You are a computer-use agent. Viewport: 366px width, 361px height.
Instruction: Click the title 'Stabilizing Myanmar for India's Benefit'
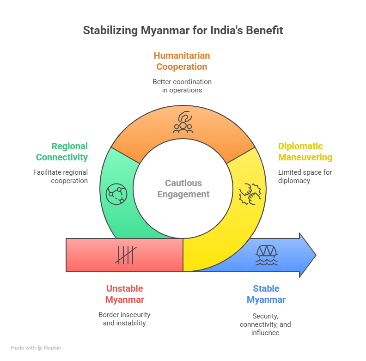tap(183, 31)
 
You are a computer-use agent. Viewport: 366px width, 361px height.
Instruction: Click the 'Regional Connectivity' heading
tap(62, 152)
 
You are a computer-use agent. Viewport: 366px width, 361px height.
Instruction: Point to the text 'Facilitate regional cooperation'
tap(61, 177)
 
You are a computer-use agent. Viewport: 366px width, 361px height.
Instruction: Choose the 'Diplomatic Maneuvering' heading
tap(305, 152)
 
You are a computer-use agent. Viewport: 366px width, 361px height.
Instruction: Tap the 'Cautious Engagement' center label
tap(183, 189)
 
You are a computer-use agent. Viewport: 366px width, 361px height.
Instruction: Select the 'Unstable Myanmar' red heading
tap(124, 294)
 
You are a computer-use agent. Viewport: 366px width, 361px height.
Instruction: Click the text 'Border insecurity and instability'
tap(124, 319)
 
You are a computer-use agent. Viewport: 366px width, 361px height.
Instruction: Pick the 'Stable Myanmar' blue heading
tap(266, 294)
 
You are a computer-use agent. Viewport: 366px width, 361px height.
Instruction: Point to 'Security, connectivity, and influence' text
tap(265, 324)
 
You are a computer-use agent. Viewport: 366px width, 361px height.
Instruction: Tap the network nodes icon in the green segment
tap(116, 194)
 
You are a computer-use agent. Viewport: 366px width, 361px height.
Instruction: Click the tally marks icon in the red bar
tap(125, 255)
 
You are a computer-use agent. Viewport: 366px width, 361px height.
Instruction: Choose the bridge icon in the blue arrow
tap(267, 255)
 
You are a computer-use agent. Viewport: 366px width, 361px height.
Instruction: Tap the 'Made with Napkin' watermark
tap(36, 348)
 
